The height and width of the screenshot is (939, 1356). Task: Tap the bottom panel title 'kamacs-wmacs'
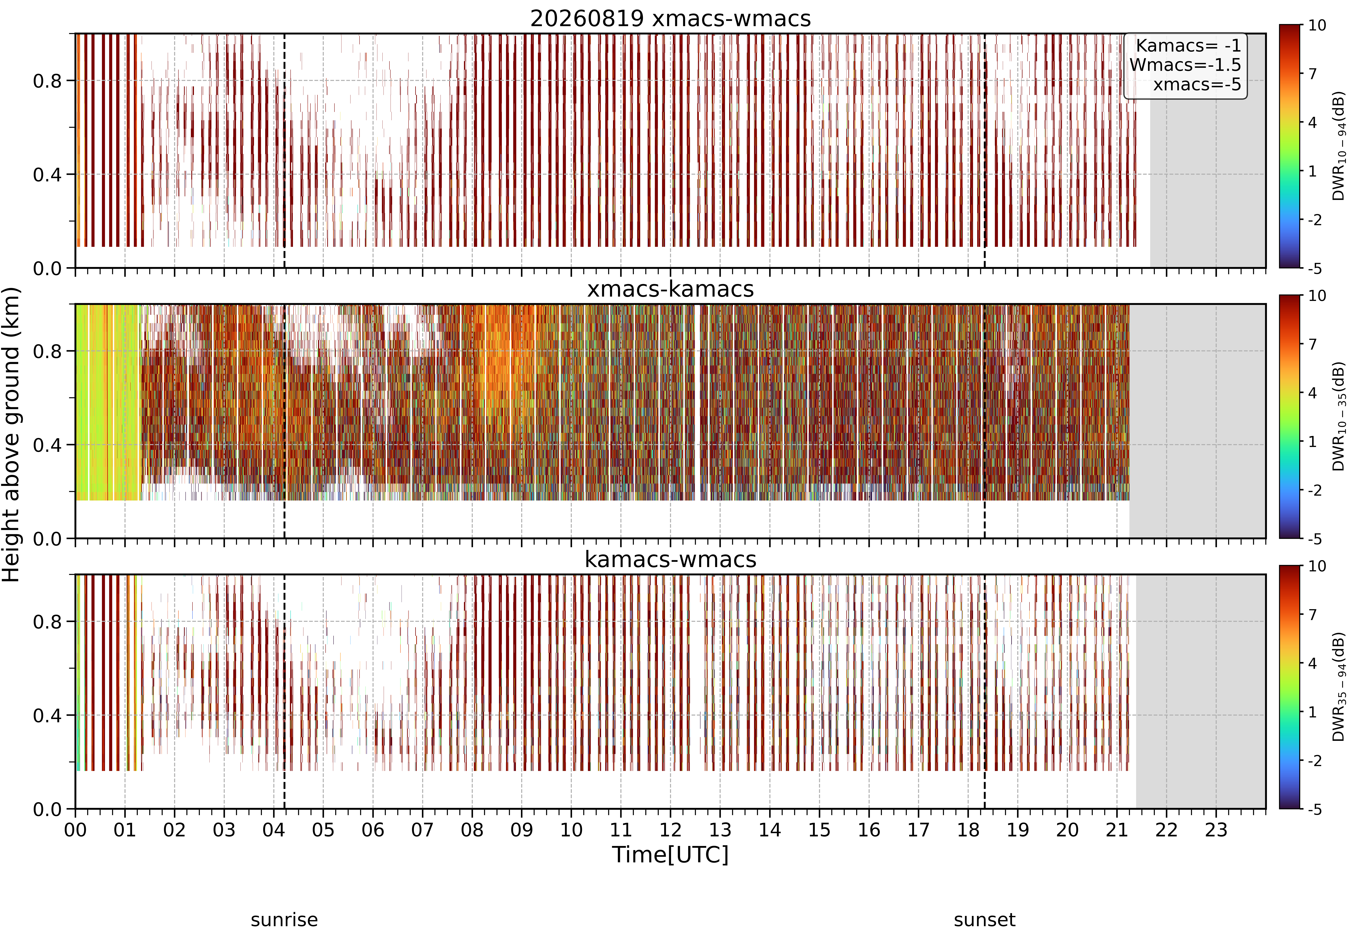(x=670, y=559)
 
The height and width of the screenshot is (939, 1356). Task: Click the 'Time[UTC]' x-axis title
(x=670, y=854)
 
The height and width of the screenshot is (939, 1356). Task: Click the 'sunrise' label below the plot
(x=284, y=920)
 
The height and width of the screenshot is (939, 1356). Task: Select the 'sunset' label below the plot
(x=985, y=920)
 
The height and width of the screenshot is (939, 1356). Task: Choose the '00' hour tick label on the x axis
(x=75, y=830)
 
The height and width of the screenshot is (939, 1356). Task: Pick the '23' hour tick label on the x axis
(x=1216, y=830)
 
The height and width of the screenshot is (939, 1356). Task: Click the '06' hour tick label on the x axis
(x=373, y=830)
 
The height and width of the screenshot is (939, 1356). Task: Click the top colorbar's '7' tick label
(x=1313, y=74)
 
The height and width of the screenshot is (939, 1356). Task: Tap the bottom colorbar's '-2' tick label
(x=1315, y=761)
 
